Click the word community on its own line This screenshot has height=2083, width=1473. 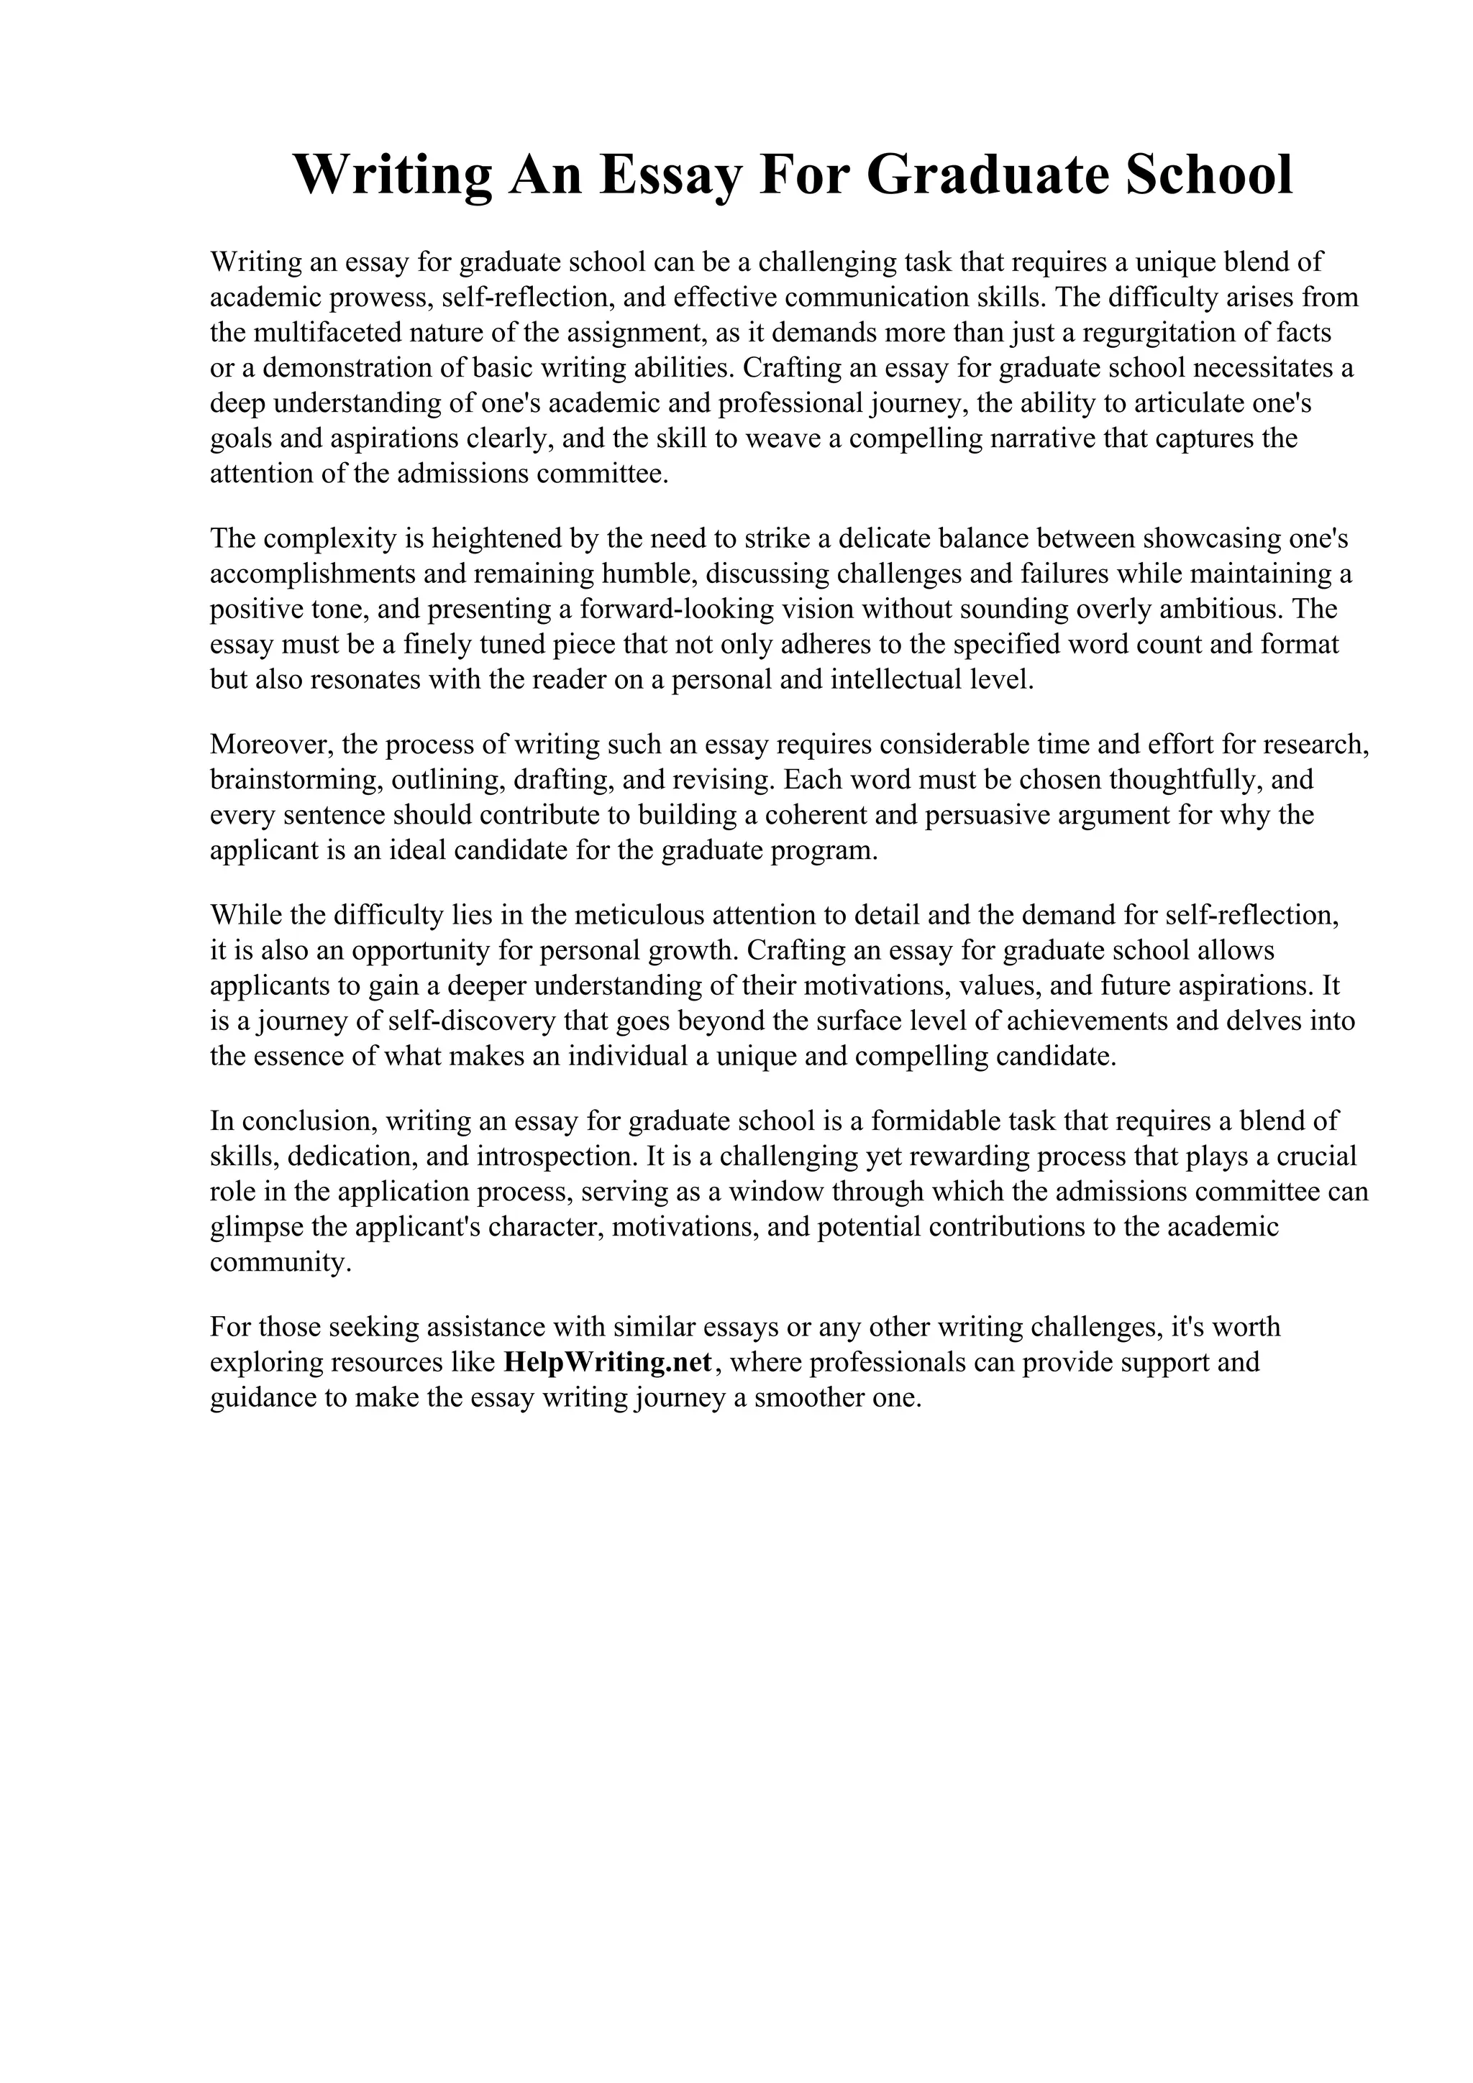(x=280, y=1262)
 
